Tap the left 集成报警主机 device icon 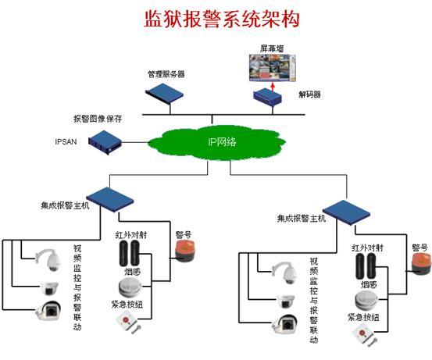tap(107, 197)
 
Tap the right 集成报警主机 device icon tap(345, 210)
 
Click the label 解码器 tap(309, 94)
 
